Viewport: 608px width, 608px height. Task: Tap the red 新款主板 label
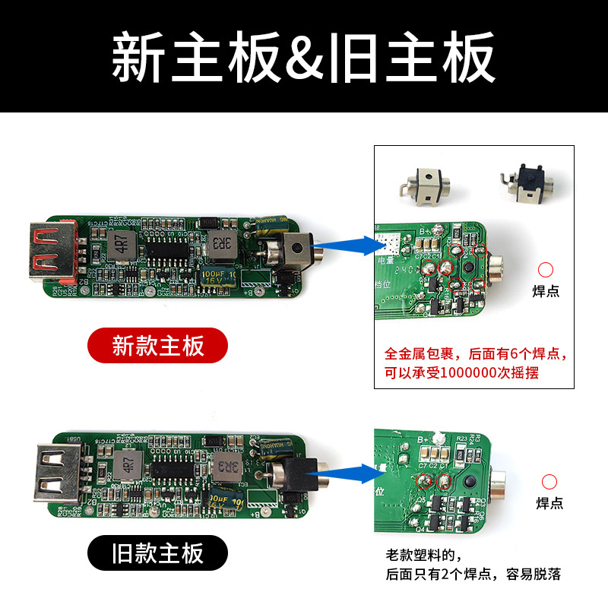pyautogui.click(x=157, y=346)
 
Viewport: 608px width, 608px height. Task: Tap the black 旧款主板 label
pyautogui.click(x=157, y=553)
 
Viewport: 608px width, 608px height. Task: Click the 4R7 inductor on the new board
pyautogui.click(x=119, y=245)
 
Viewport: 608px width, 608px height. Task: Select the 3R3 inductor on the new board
pyautogui.click(x=220, y=244)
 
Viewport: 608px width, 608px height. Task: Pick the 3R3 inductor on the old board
pyautogui.click(x=226, y=465)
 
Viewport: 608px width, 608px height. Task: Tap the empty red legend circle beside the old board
pyautogui.click(x=549, y=481)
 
